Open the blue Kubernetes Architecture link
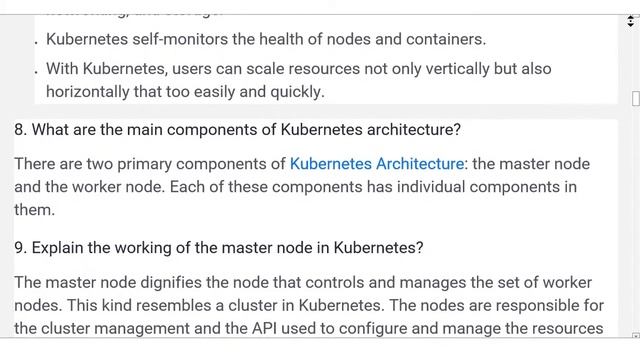[x=377, y=163]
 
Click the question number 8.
[x=20, y=130]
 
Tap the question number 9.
[x=20, y=247]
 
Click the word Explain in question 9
[x=58, y=247]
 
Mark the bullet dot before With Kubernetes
[x=36, y=72]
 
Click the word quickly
[x=296, y=91]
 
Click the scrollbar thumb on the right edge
[x=634, y=98]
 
